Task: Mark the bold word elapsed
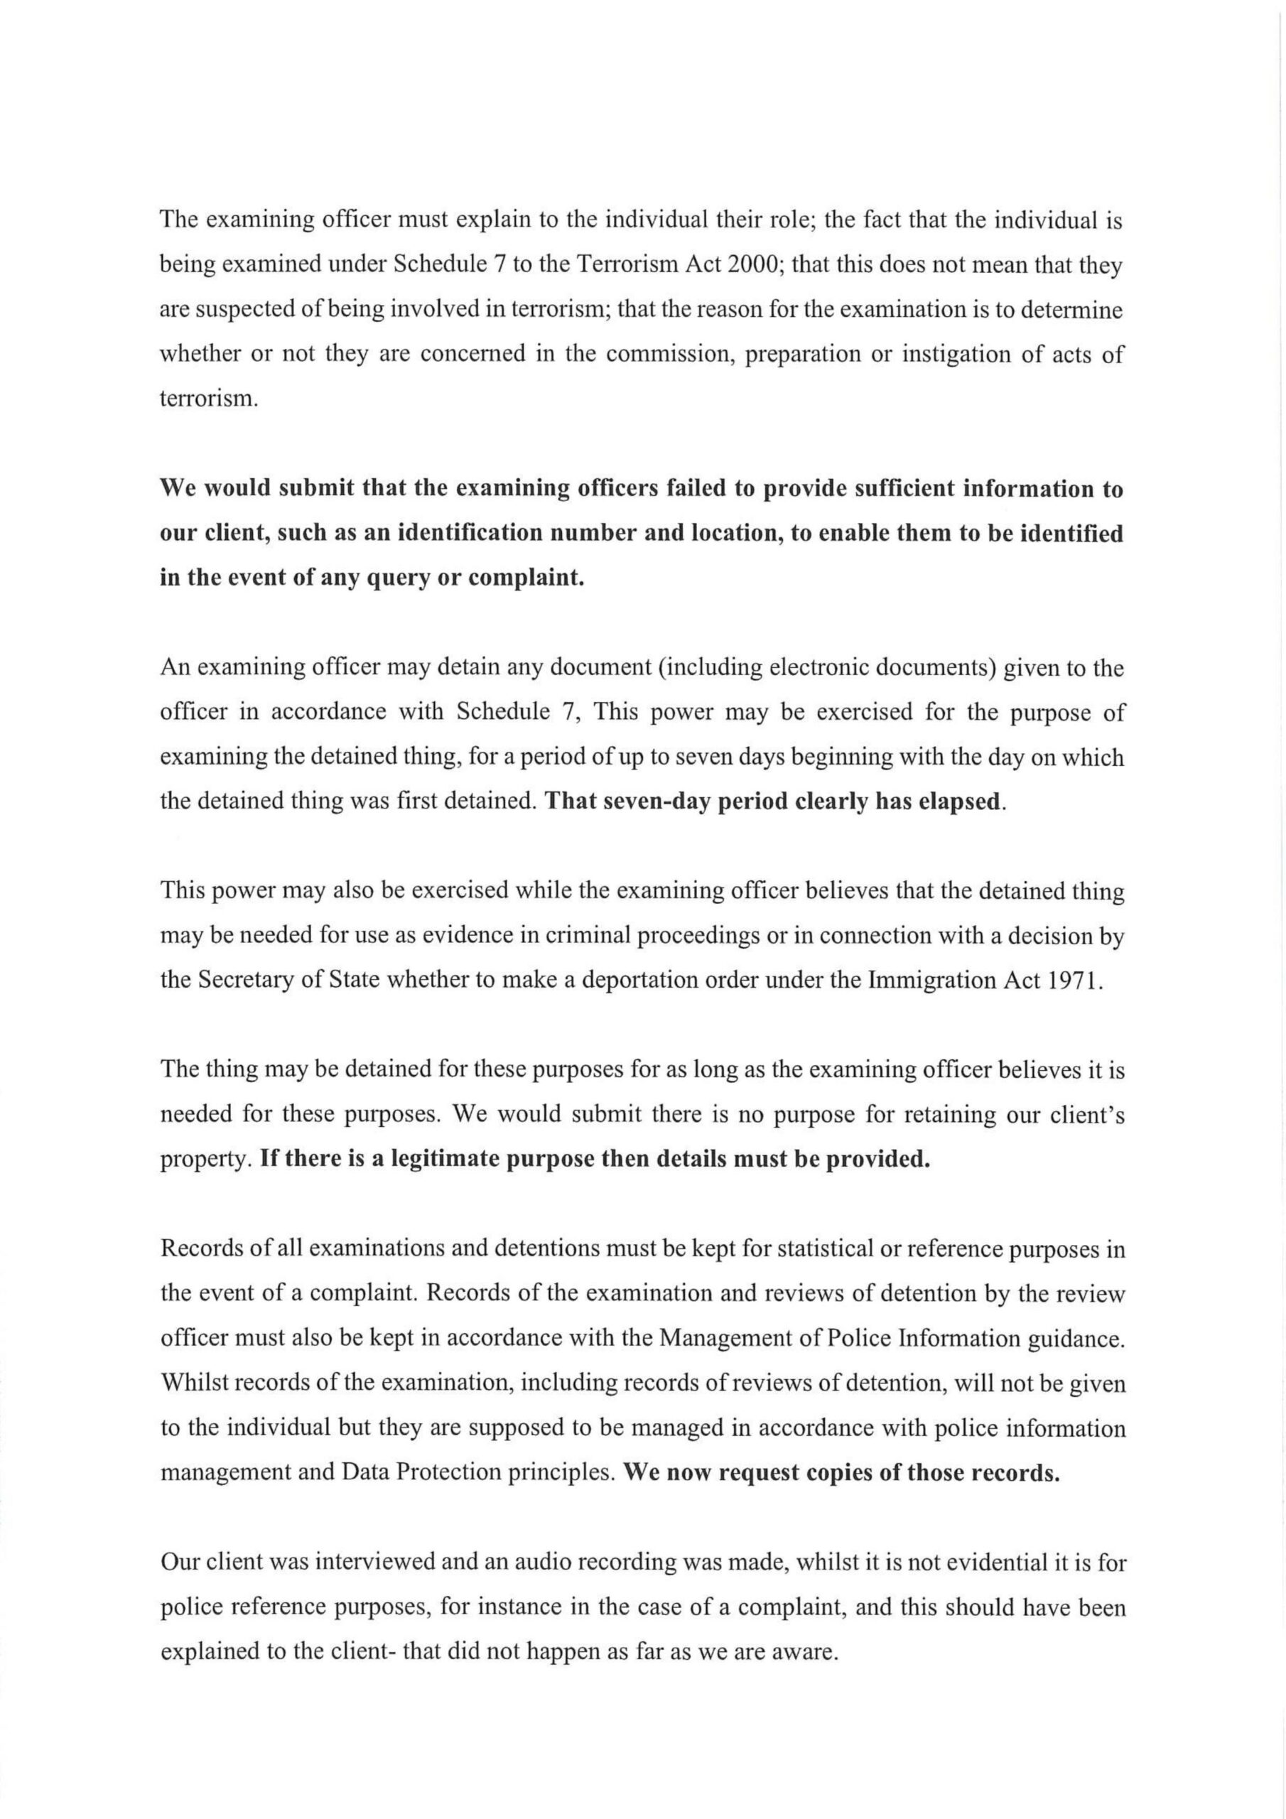pyautogui.click(x=958, y=801)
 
